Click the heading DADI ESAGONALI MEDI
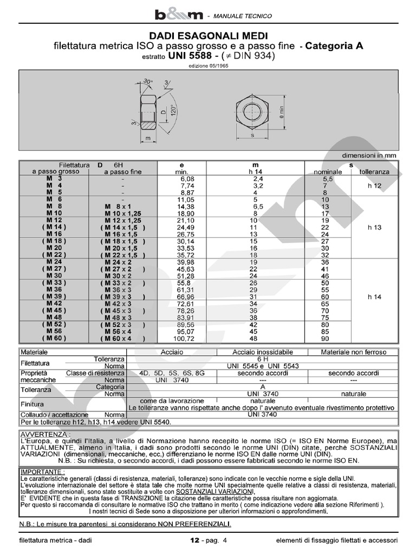[208, 35]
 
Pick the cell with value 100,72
[184, 338]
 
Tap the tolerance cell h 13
[374, 228]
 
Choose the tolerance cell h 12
[374, 185]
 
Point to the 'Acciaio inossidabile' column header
[263, 352]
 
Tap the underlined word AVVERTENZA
[44, 435]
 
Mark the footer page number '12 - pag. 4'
[209, 540]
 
